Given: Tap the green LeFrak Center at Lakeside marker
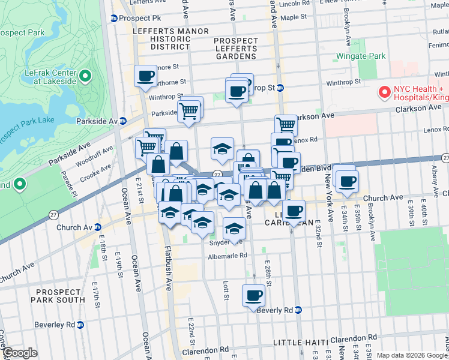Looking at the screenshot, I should point(85,76).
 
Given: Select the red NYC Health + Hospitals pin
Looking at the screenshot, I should point(384,92).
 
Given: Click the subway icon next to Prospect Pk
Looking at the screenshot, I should point(113,18).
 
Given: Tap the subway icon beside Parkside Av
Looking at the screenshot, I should point(123,121).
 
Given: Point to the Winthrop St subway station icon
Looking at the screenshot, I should point(280,88).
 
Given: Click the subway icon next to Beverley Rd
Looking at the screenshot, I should point(80,325).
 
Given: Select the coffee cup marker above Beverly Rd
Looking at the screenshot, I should point(253,295).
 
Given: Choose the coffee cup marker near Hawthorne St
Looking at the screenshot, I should point(146,76).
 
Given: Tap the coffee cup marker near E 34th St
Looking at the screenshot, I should point(347,181).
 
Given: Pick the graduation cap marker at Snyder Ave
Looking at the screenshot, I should point(234,228).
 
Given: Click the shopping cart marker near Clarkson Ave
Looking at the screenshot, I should point(286,125).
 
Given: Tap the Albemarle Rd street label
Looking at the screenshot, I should point(228,255).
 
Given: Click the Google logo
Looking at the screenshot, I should point(20,353).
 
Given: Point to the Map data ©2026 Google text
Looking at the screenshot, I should point(411,355).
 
